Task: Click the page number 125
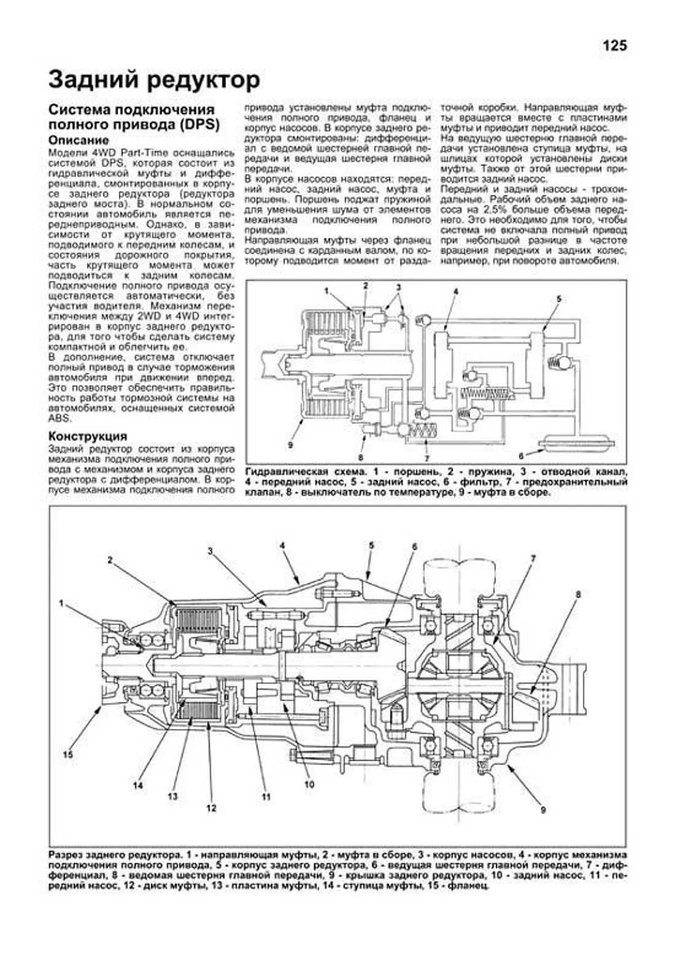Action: (614, 46)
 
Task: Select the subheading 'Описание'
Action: (78, 140)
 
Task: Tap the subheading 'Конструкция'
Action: (87, 436)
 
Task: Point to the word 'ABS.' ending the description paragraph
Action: (60, 418)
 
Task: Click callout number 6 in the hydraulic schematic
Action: (521, 456)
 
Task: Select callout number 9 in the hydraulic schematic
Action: (290, 445)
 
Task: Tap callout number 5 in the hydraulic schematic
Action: (559, 299)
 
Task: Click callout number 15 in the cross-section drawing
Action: (67, 755)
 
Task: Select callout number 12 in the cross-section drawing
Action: (211, 808)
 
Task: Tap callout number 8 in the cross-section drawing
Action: (578, 594)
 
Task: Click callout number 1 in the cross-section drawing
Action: (62, 603)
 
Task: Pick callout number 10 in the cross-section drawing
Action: (309, 784)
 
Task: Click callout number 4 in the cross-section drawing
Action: (282, 545)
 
